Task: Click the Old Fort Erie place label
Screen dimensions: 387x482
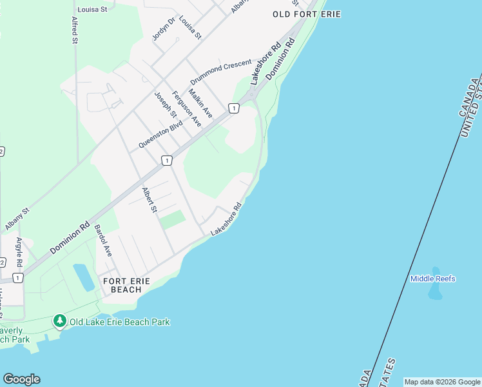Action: [306, 14]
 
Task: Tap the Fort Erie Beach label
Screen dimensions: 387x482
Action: [126, 285]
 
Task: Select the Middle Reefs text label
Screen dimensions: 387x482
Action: [433, 279]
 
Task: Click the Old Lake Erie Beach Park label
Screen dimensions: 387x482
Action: [120, 321]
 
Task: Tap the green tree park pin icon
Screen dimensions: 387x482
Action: [60, 321]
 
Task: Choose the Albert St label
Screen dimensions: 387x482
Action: [149, 199]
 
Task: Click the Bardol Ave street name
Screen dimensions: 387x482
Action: [103, 241]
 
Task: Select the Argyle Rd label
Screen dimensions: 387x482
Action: [19, 252]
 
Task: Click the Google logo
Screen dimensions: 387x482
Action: [21, 379]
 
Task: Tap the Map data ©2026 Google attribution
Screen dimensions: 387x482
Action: [442, 382]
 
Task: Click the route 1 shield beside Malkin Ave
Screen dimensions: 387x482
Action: [233, 108]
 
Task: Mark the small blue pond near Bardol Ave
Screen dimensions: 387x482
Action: [84, 277]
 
